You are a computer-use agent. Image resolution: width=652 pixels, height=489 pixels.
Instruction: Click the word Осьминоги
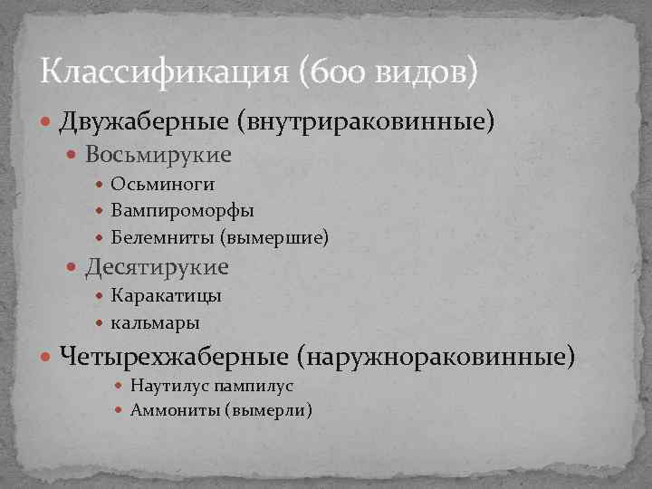coord(163,185)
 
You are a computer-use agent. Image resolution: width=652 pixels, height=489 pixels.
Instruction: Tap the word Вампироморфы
coord(182,211)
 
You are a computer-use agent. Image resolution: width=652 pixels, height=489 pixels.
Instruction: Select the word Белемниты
coord(161,237)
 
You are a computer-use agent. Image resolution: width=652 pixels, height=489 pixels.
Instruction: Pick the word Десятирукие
coord(158,267)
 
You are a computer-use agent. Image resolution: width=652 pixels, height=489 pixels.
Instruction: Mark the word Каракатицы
coord(167,296)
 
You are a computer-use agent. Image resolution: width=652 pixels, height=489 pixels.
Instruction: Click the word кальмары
coord(156,322)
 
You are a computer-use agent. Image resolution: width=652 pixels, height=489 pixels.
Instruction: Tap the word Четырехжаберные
coord(179,355)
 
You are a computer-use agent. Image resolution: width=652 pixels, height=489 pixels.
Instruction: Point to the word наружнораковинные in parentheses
coord(442,355)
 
